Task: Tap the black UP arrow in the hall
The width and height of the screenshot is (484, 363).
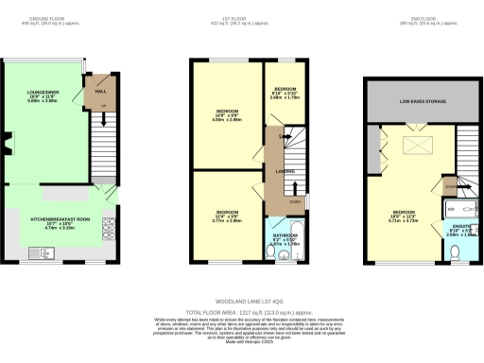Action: point(103,106)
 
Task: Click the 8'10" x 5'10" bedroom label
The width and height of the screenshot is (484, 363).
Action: point(285,93)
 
